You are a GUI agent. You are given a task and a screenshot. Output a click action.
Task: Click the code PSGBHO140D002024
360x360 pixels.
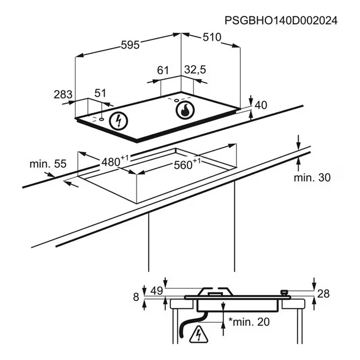(x=281, y=20)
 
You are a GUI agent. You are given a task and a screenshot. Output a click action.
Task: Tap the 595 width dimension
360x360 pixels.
(x=130, y=45)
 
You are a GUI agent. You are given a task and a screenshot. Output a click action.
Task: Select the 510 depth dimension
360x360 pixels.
(x=212, y=37)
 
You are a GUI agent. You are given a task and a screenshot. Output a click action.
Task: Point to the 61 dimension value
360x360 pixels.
(x=163, y=70)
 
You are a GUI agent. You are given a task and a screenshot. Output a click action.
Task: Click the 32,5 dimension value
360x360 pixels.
(x=195, y=70)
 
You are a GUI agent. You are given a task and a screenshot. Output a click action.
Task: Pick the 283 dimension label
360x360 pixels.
(x=63, y=94)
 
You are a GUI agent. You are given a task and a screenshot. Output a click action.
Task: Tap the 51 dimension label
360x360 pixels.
(x=100, y=93)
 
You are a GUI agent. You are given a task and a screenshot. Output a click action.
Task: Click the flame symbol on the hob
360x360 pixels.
(x=185, y=110)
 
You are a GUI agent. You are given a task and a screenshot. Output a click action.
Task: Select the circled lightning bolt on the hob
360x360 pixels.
(x=118, y=121)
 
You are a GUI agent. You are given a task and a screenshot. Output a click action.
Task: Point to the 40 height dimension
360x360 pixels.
(x=261, y=105)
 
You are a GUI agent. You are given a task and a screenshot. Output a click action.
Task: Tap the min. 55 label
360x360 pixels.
(x=48, y=164)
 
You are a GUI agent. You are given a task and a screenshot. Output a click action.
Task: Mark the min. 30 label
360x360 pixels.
(x=312, y=177)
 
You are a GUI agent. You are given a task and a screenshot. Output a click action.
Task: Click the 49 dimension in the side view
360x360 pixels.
(x=157, y=291)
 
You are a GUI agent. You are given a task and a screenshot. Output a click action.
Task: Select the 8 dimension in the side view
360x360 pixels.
(x=136, y=297)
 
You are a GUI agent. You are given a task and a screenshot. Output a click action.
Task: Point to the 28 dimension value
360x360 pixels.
(x=323, y=294)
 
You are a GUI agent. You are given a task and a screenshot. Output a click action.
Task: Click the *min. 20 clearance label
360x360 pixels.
(x=249, y=322)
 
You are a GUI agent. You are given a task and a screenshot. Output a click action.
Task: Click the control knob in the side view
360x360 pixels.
(x=284, y=292)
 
